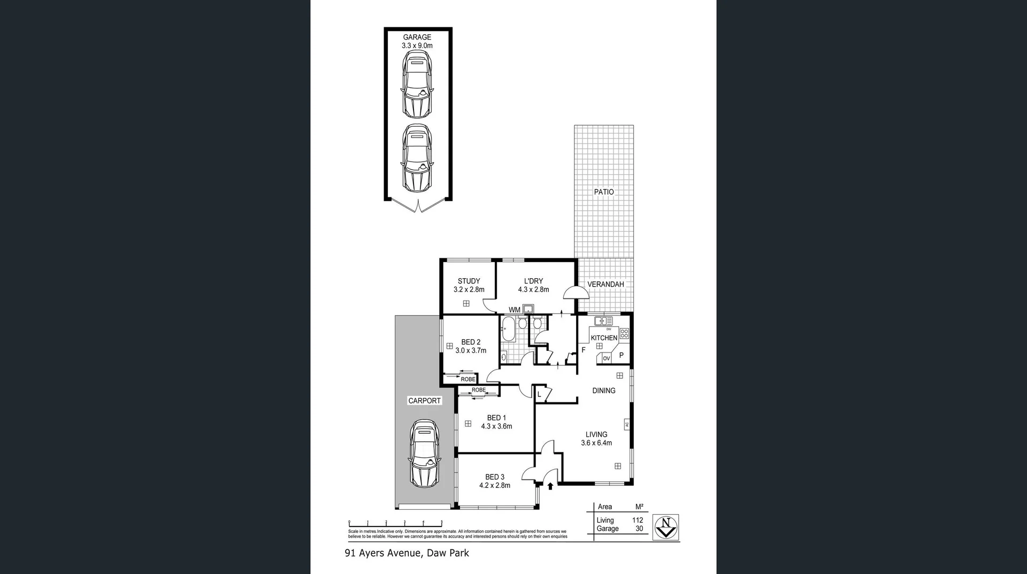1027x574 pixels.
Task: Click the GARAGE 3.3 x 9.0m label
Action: click(417, 41)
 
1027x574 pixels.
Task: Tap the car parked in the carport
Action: click(425, 453)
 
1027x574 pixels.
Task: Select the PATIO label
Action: click(604, 192)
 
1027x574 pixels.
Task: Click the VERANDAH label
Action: click(606, 284)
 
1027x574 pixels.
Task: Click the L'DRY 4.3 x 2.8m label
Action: click(533, 285)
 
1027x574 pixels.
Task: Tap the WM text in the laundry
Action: click(514, 310)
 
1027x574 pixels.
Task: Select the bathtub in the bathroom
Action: click(508, 329)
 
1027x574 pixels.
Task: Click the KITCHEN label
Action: click(604, 338)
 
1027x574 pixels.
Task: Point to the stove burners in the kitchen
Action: click(624, 334)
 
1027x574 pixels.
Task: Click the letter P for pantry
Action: click(621, 355)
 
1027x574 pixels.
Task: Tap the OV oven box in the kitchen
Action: click(606, 358)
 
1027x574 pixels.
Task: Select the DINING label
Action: click(603, 391)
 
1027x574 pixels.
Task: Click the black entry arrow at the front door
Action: click(550, 486)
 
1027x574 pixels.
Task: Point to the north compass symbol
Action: click(665, 527)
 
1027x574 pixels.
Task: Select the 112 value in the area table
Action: click(637, 520)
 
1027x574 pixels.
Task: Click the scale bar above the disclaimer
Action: click(395, 523)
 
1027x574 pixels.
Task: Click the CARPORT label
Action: click(424, 401)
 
